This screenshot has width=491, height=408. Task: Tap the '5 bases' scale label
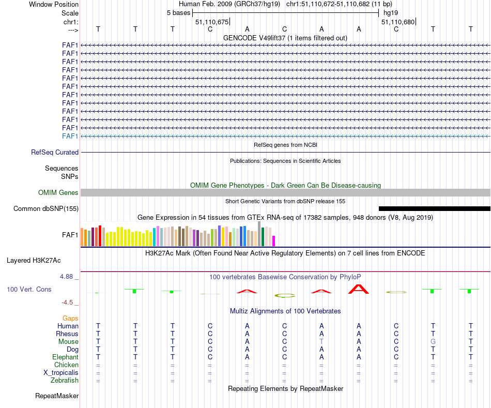[x=178, y=13]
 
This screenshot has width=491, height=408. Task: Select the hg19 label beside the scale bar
[x=391, y=13]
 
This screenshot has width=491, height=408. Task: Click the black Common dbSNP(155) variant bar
[x=434, y=208]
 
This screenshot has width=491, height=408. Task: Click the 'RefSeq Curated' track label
[x=55, y=153]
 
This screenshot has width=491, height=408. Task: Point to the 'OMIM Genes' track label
[x=58, y=193]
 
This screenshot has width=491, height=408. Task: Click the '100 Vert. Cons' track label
[x=29, y=289]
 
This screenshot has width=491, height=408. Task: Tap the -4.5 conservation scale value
[x=69, y=303]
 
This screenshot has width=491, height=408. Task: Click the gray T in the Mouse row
[x=321, y=342]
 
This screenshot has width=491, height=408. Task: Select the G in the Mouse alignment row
[x=433, y=342]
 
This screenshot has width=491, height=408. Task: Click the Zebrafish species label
[x=64, y=381]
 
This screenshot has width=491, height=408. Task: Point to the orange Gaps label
[x=70, y=319]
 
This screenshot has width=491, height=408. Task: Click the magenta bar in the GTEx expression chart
[x=274, y=241]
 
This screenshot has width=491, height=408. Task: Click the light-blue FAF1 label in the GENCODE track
[x=70, y=136]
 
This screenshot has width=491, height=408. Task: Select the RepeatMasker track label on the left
[x=57, y=396]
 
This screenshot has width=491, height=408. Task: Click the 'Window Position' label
[x=54, y=4]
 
